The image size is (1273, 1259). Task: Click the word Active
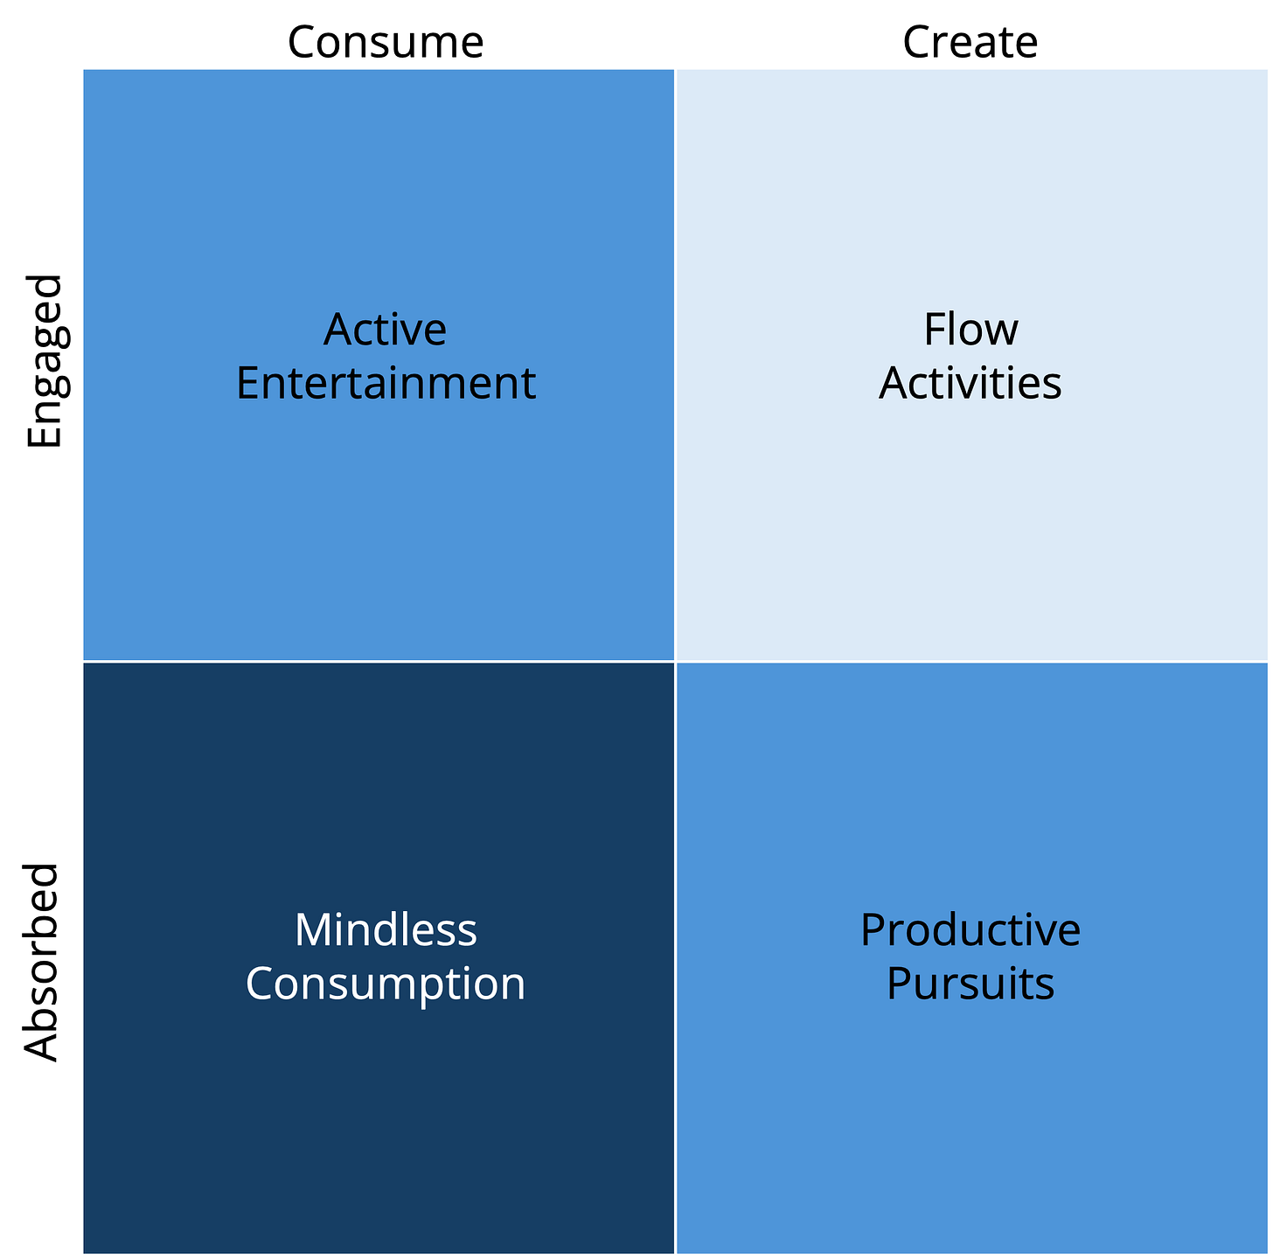click(385, 330)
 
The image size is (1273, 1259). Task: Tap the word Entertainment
click(386, 384)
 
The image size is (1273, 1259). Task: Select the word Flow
click(970, 330)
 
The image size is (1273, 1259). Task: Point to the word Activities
click(970, 384)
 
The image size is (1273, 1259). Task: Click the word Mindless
click(386, 930)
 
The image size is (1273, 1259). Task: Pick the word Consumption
click(386, 984)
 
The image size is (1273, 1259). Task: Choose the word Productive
click(970, 930)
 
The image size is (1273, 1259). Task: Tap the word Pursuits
click(970, 984)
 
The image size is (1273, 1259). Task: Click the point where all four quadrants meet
click(675, 662)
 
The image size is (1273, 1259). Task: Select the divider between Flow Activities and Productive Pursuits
click(970, 662)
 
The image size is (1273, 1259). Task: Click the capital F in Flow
click(934, 330)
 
